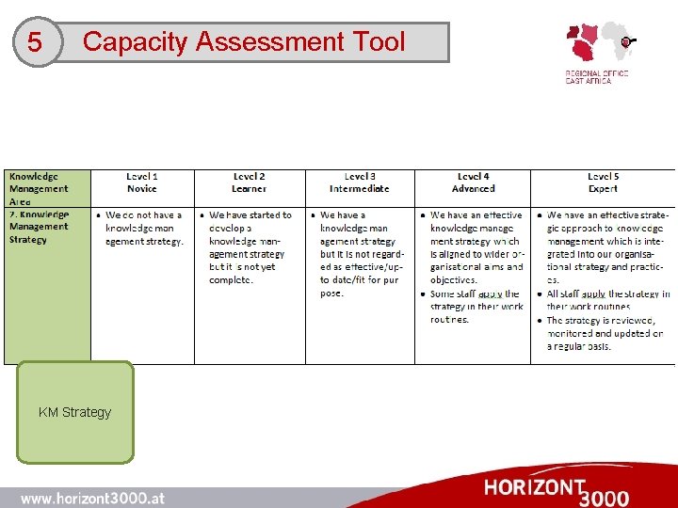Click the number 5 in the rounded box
(35, 43)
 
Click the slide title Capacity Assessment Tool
(244, 42)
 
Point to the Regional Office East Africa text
(596, 77)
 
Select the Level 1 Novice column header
(142, 183)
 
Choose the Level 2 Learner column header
(250, 183)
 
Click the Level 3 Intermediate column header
(360, 183)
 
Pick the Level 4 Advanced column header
(473, 183)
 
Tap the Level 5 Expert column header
(603, 183)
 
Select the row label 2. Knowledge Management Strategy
(40, 227)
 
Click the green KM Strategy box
(75, 412)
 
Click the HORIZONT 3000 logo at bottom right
(557, 490)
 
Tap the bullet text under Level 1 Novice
(144, 228)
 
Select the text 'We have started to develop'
(249, 221)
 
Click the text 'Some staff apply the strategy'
(476, 307)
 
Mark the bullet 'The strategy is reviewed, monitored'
(605, 333)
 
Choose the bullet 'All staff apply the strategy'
(607, 300)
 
